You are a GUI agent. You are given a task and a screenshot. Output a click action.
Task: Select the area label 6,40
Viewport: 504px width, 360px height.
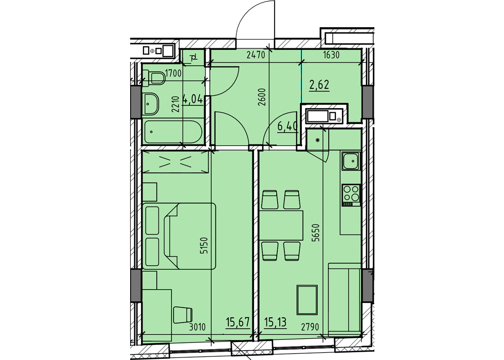(x=287, y=126)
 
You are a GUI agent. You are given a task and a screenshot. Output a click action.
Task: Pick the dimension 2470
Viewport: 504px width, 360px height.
(x=255, y=56)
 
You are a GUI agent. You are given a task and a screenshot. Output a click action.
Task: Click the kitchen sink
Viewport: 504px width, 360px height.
(x=351, y=161)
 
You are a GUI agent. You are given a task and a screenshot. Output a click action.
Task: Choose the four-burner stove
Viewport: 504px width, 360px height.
(x=351, y=194)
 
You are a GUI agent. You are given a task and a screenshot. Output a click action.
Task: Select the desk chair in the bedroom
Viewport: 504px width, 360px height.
(x=183, y=314)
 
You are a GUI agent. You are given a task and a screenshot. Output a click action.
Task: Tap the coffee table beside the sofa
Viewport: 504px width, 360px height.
(x=307, y=299)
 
